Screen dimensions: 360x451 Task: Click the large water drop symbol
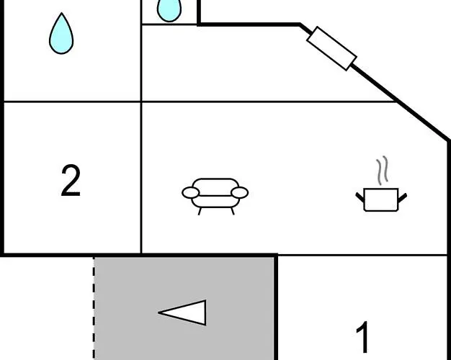(x=61, y=35)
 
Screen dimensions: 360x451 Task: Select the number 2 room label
(x=71, y=181)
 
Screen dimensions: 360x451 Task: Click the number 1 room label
(x=364, y=337)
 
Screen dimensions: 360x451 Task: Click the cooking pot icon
(x=381, y=198)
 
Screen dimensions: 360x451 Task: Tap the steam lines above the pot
(x=384, y=170)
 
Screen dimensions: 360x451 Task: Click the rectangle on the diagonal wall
(x=331, y=48)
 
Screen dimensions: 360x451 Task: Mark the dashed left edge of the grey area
(x=94, y=310)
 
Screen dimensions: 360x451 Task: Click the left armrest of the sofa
(x=190, y=192)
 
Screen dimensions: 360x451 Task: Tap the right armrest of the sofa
(x=240, y=192)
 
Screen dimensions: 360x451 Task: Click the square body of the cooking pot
(x=381, y=199)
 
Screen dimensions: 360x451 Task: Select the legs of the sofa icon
(x=215, y=209)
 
